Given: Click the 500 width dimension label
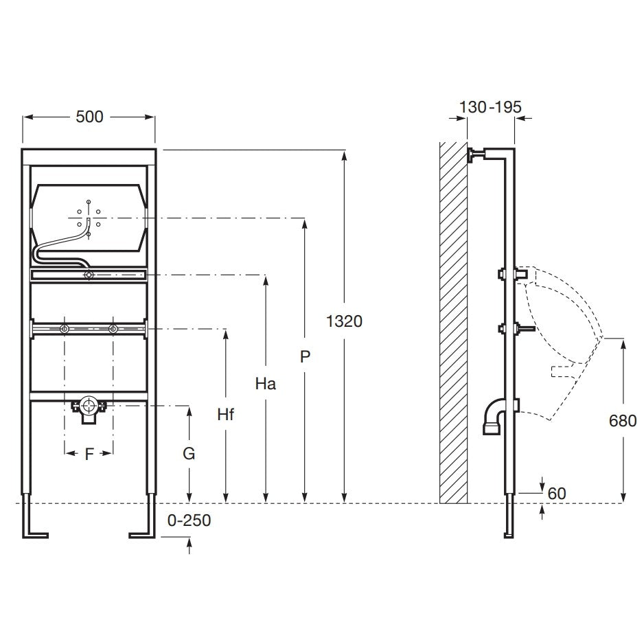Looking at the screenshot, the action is tap(89, 117).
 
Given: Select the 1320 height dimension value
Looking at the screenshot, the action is tap(344, 321).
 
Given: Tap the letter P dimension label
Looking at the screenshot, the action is tap(305, 356).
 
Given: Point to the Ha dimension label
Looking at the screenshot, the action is tap(265, 384).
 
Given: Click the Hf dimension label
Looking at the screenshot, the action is tap(225, 415).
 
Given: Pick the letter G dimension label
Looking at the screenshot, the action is tap(189, 453).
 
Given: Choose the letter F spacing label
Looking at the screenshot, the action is tap(89, 455).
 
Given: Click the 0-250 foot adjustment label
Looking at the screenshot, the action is tap(189, 520).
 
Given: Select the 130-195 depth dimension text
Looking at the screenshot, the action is tap(490, 107).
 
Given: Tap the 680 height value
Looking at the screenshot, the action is tap(623, 421).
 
